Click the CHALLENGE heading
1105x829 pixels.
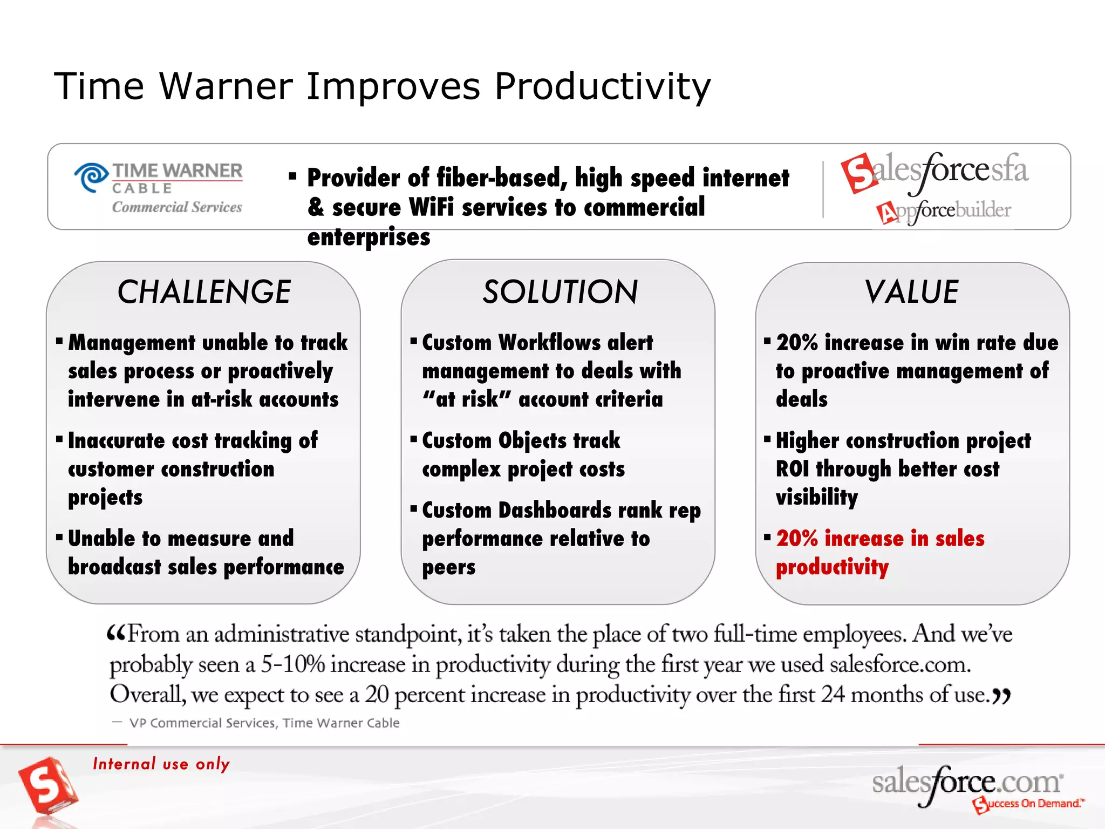[x=204, y=292]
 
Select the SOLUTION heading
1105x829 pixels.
[x=560, y=292]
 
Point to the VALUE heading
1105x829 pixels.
[x=911, y=292]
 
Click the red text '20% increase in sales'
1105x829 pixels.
[x=880, y=539]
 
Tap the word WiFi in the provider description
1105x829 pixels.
[x=431, y=207]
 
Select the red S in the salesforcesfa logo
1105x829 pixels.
[x=858, y=173]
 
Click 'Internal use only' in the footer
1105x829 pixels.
[x=161, y=764]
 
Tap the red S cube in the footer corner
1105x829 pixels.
[x=47, y=785]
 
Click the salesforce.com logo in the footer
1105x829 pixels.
[x=966, y=783]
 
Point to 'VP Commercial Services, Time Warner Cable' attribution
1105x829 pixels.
[x=264, y=723]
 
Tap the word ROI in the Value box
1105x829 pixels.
[x=792, y=469]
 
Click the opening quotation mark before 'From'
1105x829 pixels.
[x=116, y=632]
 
